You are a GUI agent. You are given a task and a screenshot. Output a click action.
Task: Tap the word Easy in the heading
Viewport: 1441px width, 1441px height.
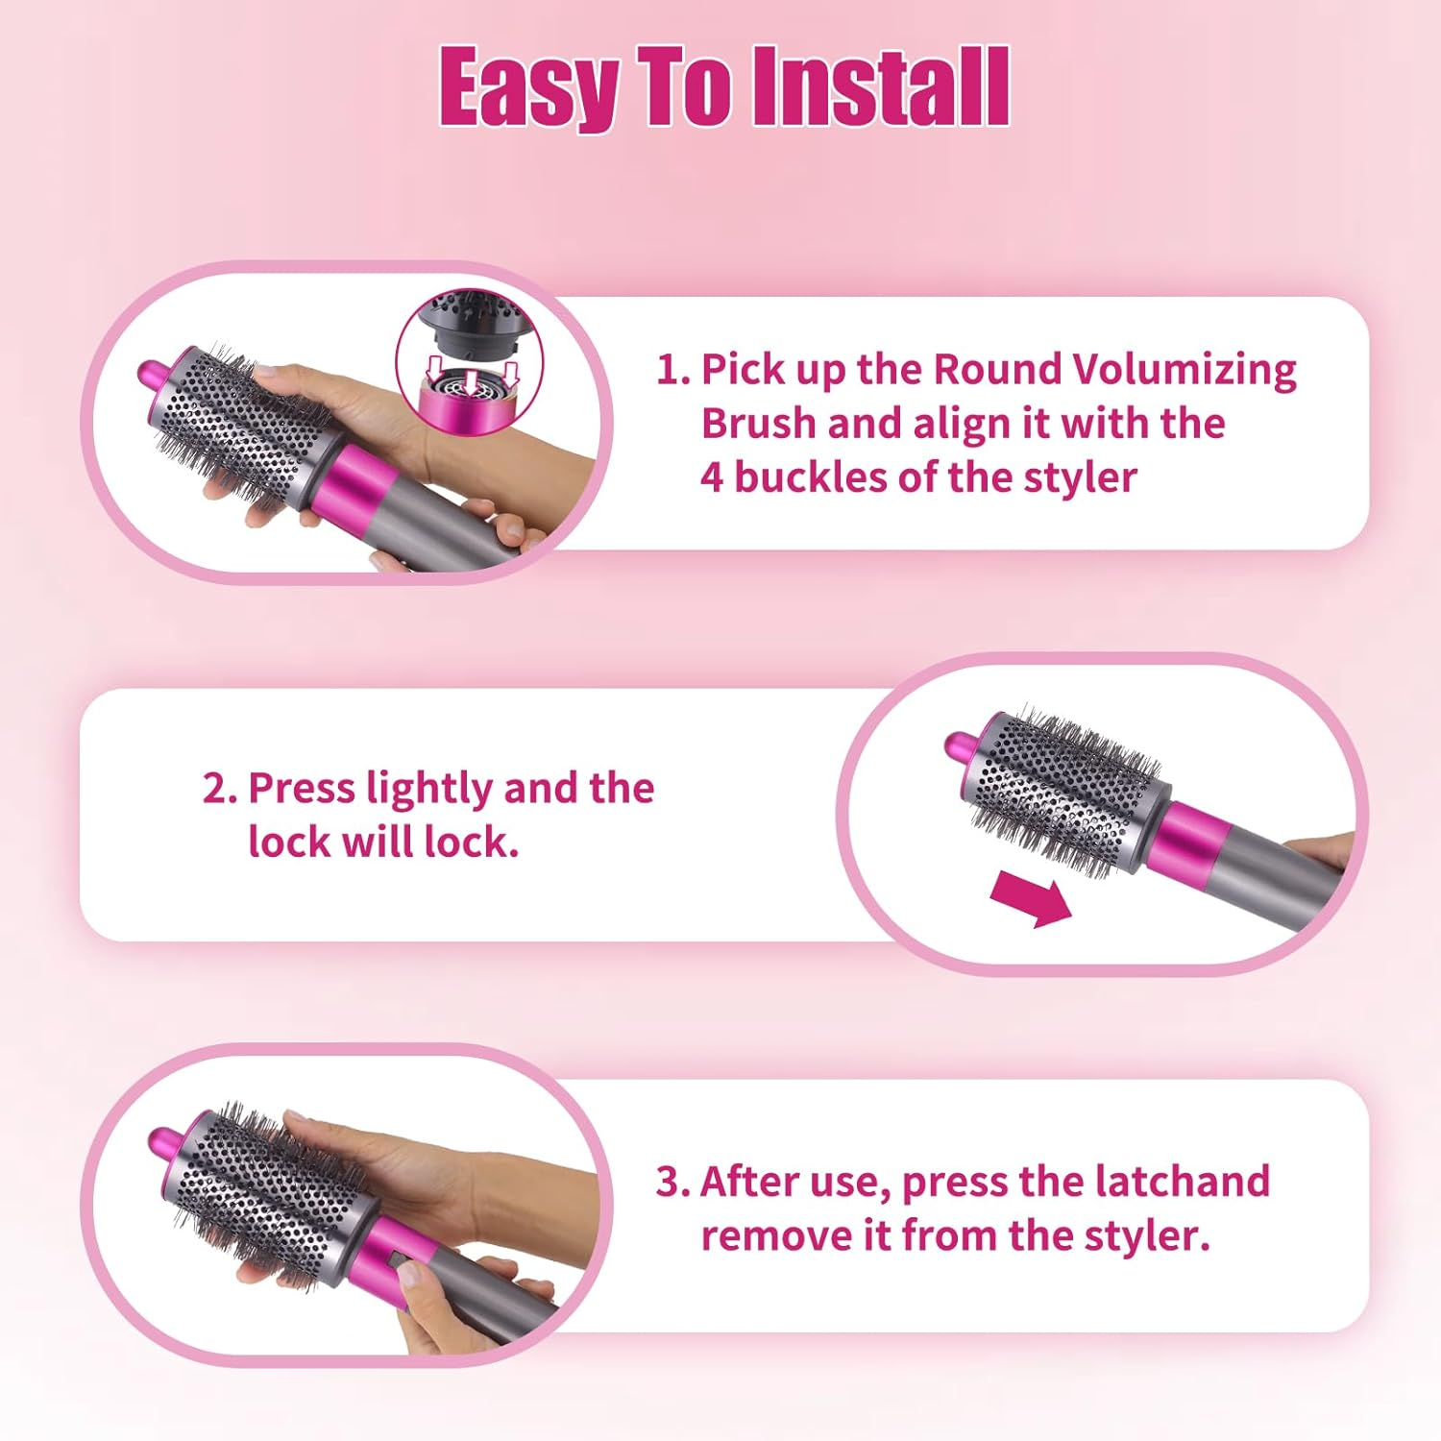pyautogui.click(x=528, y=88)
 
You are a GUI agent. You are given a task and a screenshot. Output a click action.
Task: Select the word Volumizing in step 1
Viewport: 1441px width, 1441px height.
pyautogui.click(x=1184, y=370)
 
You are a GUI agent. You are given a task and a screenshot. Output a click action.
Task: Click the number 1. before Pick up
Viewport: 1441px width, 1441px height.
pyautogui.click(x=672, y=370)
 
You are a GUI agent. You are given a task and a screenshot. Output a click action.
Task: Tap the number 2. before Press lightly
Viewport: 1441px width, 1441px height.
pyautogui.click(x=220, y=789)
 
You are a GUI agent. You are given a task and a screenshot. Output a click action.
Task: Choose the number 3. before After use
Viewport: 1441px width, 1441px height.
pyautogui.click(x=672, y=1182)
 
